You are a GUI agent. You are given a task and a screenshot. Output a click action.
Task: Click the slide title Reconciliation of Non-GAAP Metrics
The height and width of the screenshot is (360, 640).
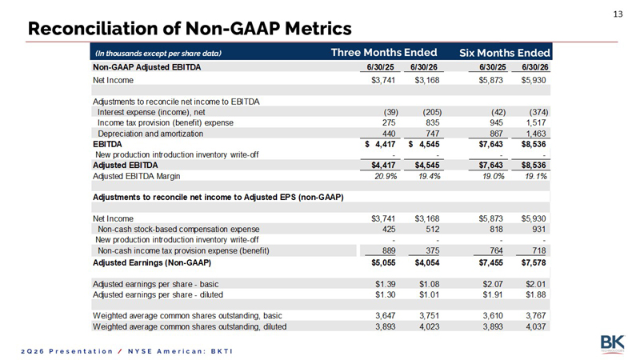(190, 29)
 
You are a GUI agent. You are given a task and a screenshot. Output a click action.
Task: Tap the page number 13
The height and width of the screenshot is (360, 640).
(618, 14)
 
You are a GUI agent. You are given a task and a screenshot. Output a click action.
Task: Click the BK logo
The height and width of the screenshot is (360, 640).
(612, 343)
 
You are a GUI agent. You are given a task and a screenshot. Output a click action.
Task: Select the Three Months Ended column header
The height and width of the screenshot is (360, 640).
(384, 53)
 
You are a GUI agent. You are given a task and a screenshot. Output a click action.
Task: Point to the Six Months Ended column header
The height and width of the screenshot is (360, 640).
(505, 53)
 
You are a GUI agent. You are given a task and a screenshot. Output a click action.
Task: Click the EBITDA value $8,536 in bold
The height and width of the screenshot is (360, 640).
(534, 144)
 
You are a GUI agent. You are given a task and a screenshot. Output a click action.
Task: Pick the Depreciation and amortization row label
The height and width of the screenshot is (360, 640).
(150, 134)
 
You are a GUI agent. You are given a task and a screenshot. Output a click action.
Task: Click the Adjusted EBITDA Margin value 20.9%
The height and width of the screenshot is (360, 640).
(386, 176)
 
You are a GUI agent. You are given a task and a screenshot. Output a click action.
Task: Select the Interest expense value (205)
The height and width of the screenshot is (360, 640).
(432, 112)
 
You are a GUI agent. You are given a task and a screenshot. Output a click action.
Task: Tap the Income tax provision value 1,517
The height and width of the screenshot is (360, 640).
(536, 123)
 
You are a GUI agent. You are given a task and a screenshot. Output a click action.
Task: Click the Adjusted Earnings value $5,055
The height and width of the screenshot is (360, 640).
(383, 263)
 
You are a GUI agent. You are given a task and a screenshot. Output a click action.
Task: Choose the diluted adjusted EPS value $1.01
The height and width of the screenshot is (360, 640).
(429, 294)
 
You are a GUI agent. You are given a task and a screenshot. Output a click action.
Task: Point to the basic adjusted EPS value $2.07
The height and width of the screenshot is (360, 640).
(493, 284)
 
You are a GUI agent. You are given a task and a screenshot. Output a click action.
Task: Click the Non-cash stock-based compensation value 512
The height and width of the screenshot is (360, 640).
(433, 230)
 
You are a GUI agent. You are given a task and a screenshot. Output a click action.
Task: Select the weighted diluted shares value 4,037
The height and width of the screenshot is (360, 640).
(536, 327)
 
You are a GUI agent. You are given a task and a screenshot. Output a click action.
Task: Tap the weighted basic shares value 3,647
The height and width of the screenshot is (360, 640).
(386, 316)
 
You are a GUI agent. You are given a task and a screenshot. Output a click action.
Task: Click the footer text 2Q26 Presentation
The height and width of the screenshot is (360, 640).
(67, 351)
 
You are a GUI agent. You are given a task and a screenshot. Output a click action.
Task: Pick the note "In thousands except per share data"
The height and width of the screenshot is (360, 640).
(158, 54)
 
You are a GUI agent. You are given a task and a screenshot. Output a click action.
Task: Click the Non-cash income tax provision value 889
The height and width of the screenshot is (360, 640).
(389, 250)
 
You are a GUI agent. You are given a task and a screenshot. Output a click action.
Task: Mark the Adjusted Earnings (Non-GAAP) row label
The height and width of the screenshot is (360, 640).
(152, 263)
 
